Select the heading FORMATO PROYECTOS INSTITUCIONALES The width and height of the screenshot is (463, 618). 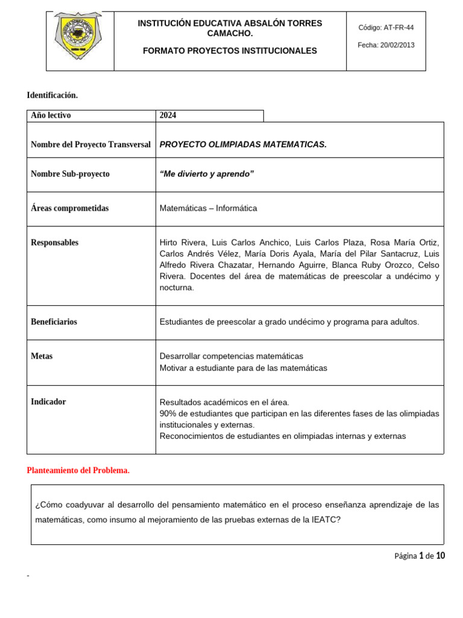230,51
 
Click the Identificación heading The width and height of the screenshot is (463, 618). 52,95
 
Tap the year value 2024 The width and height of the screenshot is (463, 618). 168,115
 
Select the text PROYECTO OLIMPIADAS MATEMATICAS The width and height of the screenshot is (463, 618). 243,144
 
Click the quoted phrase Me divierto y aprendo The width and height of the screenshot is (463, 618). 207,174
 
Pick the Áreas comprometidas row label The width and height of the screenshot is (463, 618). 69,208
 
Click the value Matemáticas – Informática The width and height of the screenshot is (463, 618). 208,208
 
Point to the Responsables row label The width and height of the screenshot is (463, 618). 54,243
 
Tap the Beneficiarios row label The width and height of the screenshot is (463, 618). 54,322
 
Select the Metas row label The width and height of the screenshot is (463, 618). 42,356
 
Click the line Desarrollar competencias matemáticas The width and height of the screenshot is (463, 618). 231,356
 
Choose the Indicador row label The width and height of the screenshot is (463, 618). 48,402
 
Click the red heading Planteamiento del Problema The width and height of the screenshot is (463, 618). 78,471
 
